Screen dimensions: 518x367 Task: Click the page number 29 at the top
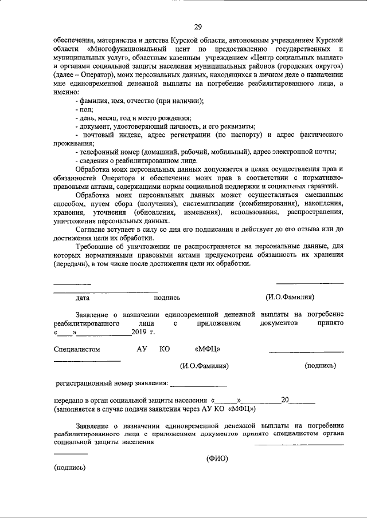pyautogui.click(x=197, y=27)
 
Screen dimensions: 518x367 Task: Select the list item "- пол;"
pyautogui.click(x=84, y=108)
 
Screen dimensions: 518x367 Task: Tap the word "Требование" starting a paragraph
pyautogui.click(x=95, y=246)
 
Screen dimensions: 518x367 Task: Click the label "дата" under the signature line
pyautogui.click(x=82, y=298)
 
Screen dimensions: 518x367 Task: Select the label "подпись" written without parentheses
pyautogui.click(x=167, y=298)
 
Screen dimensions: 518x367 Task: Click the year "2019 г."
pyautogui.click(x=143, y=332)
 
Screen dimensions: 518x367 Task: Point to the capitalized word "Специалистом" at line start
pyautogui.click(x=77, y=349)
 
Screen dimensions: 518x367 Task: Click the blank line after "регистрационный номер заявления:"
pyautogui.click(x=199, y=382)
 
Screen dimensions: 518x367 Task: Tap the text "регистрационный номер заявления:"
pyautogui.click(x=112, y=382)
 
